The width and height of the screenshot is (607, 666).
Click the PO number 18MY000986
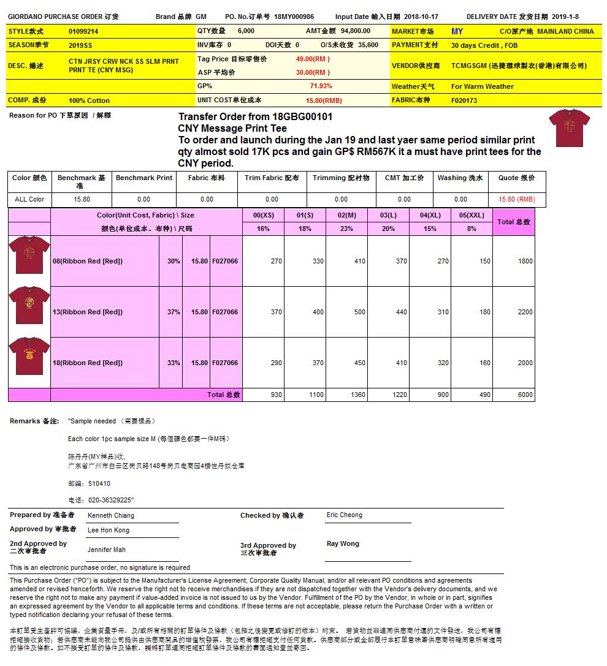click(x=294, y=17)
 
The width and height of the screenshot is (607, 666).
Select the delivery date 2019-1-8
click(x=565, y=17)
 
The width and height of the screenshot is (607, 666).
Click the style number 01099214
click(x=83, y=31)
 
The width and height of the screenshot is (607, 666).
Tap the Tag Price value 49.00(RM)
click(x=313, y=59)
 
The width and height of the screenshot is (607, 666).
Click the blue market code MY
click(x=457, y=31)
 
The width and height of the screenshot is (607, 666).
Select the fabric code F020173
click(x=464, y=100)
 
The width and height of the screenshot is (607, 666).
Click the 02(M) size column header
click(x=346, y=215)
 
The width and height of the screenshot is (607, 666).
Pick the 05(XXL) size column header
click(x=471, y=215)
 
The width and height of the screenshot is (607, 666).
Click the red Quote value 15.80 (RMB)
click(x=516, y=199)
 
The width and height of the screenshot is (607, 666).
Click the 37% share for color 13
click(x=174, y=312)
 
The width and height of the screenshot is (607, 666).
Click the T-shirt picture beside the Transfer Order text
click(x=569, y=128)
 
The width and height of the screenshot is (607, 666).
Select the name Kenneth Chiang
click(x=111, y=516)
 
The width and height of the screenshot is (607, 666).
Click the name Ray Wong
click(x=343, y=543)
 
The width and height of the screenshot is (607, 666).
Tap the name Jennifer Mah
click(x=107, y=550)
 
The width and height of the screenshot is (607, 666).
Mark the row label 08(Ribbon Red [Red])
click(x=88, y=261)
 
